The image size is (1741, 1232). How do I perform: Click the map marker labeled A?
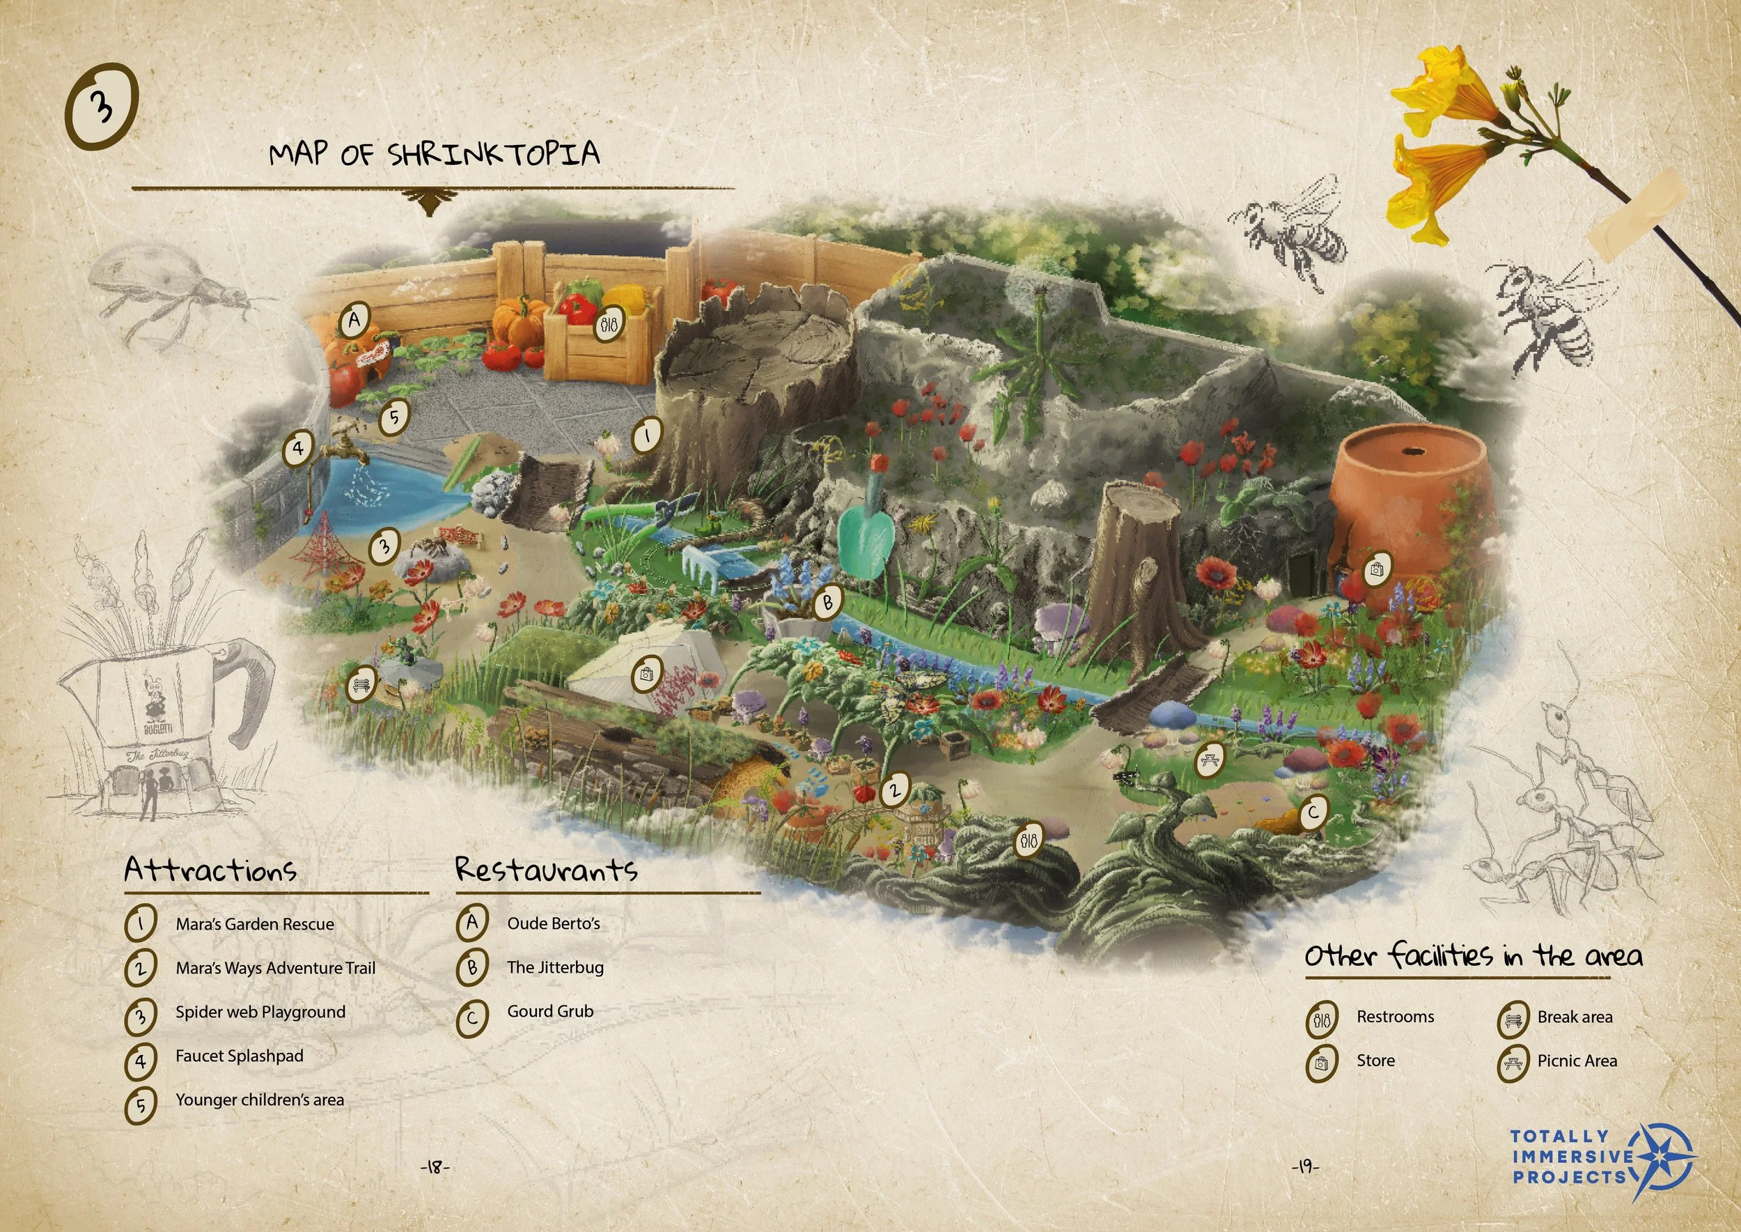coord(354,320)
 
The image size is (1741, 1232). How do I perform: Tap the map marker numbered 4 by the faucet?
coord(298,448)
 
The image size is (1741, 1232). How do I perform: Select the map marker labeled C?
coord(1313,813)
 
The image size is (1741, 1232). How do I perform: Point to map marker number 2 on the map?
coord(895,790)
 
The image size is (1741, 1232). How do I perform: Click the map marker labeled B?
coord(827,602)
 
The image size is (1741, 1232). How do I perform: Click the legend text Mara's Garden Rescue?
coord(255,924)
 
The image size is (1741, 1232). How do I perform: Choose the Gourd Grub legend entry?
coord(549,1011)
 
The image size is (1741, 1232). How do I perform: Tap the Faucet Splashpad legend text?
coord(239,1056)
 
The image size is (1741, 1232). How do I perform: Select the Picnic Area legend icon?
coord(1512,1063)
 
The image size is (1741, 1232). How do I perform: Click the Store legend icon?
coord(1322,1063)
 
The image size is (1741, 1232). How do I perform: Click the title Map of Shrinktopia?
coord(435,154)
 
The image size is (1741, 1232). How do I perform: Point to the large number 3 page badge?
coord(103,105)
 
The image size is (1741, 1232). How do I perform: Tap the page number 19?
coord(1305,1166)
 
